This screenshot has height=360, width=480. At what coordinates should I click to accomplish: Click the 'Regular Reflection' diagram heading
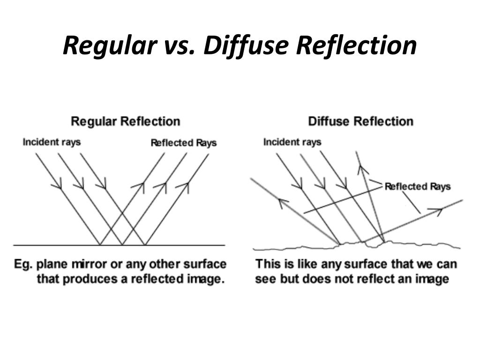[x=125, y=121]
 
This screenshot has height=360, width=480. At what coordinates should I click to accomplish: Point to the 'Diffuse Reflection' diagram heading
[x=360, y=121]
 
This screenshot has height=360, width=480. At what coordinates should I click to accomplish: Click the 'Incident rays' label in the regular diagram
[x=52, y=142]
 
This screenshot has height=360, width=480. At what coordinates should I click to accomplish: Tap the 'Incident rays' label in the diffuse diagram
[x=292, y=142]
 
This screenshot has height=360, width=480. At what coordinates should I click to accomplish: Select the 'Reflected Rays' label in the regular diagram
[x=183, y=142]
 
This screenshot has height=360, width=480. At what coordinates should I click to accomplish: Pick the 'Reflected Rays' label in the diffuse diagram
[x=417, y=187]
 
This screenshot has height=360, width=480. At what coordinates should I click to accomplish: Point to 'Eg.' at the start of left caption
[x=23, y=264]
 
